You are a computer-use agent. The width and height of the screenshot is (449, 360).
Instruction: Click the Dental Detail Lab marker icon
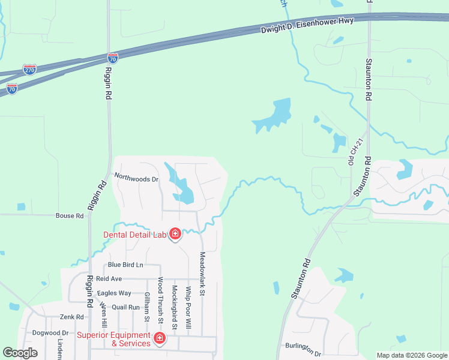tap(175, 234)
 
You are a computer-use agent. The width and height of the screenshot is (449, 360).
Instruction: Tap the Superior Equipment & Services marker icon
tap(160, 339)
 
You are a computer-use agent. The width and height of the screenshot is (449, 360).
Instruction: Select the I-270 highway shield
tap(29, 70)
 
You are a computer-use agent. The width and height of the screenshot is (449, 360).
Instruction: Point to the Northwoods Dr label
tap(136, 179)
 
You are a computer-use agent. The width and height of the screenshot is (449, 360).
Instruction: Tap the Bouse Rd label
tap(70, 215)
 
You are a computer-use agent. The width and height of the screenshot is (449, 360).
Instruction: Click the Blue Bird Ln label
tap(126, 265)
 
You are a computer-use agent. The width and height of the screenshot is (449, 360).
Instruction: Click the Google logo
tap(20, 353)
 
